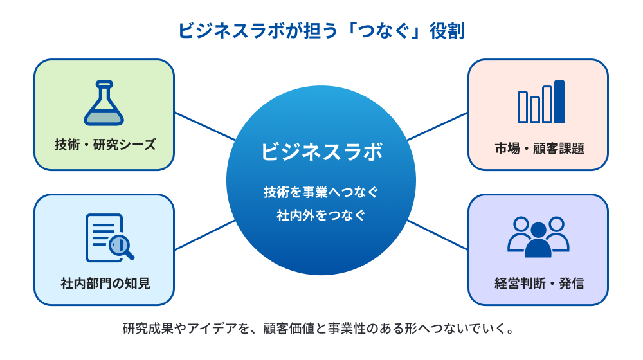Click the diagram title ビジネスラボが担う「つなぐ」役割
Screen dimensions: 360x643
(x=321, y=31)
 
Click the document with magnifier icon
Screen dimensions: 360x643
(x=108, y=237)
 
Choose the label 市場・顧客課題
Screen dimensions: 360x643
(x=539, y=148)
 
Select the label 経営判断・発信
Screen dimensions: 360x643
(x=539, y=283)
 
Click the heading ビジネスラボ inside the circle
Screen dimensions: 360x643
(x=321, y=152)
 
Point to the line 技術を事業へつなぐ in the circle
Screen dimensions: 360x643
(x=321, y=191)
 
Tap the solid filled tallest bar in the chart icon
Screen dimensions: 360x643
(x=559, y=101)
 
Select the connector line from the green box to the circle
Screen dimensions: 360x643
(x=204, y=126)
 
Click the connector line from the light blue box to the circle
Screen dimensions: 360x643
(x=204, y=235)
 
